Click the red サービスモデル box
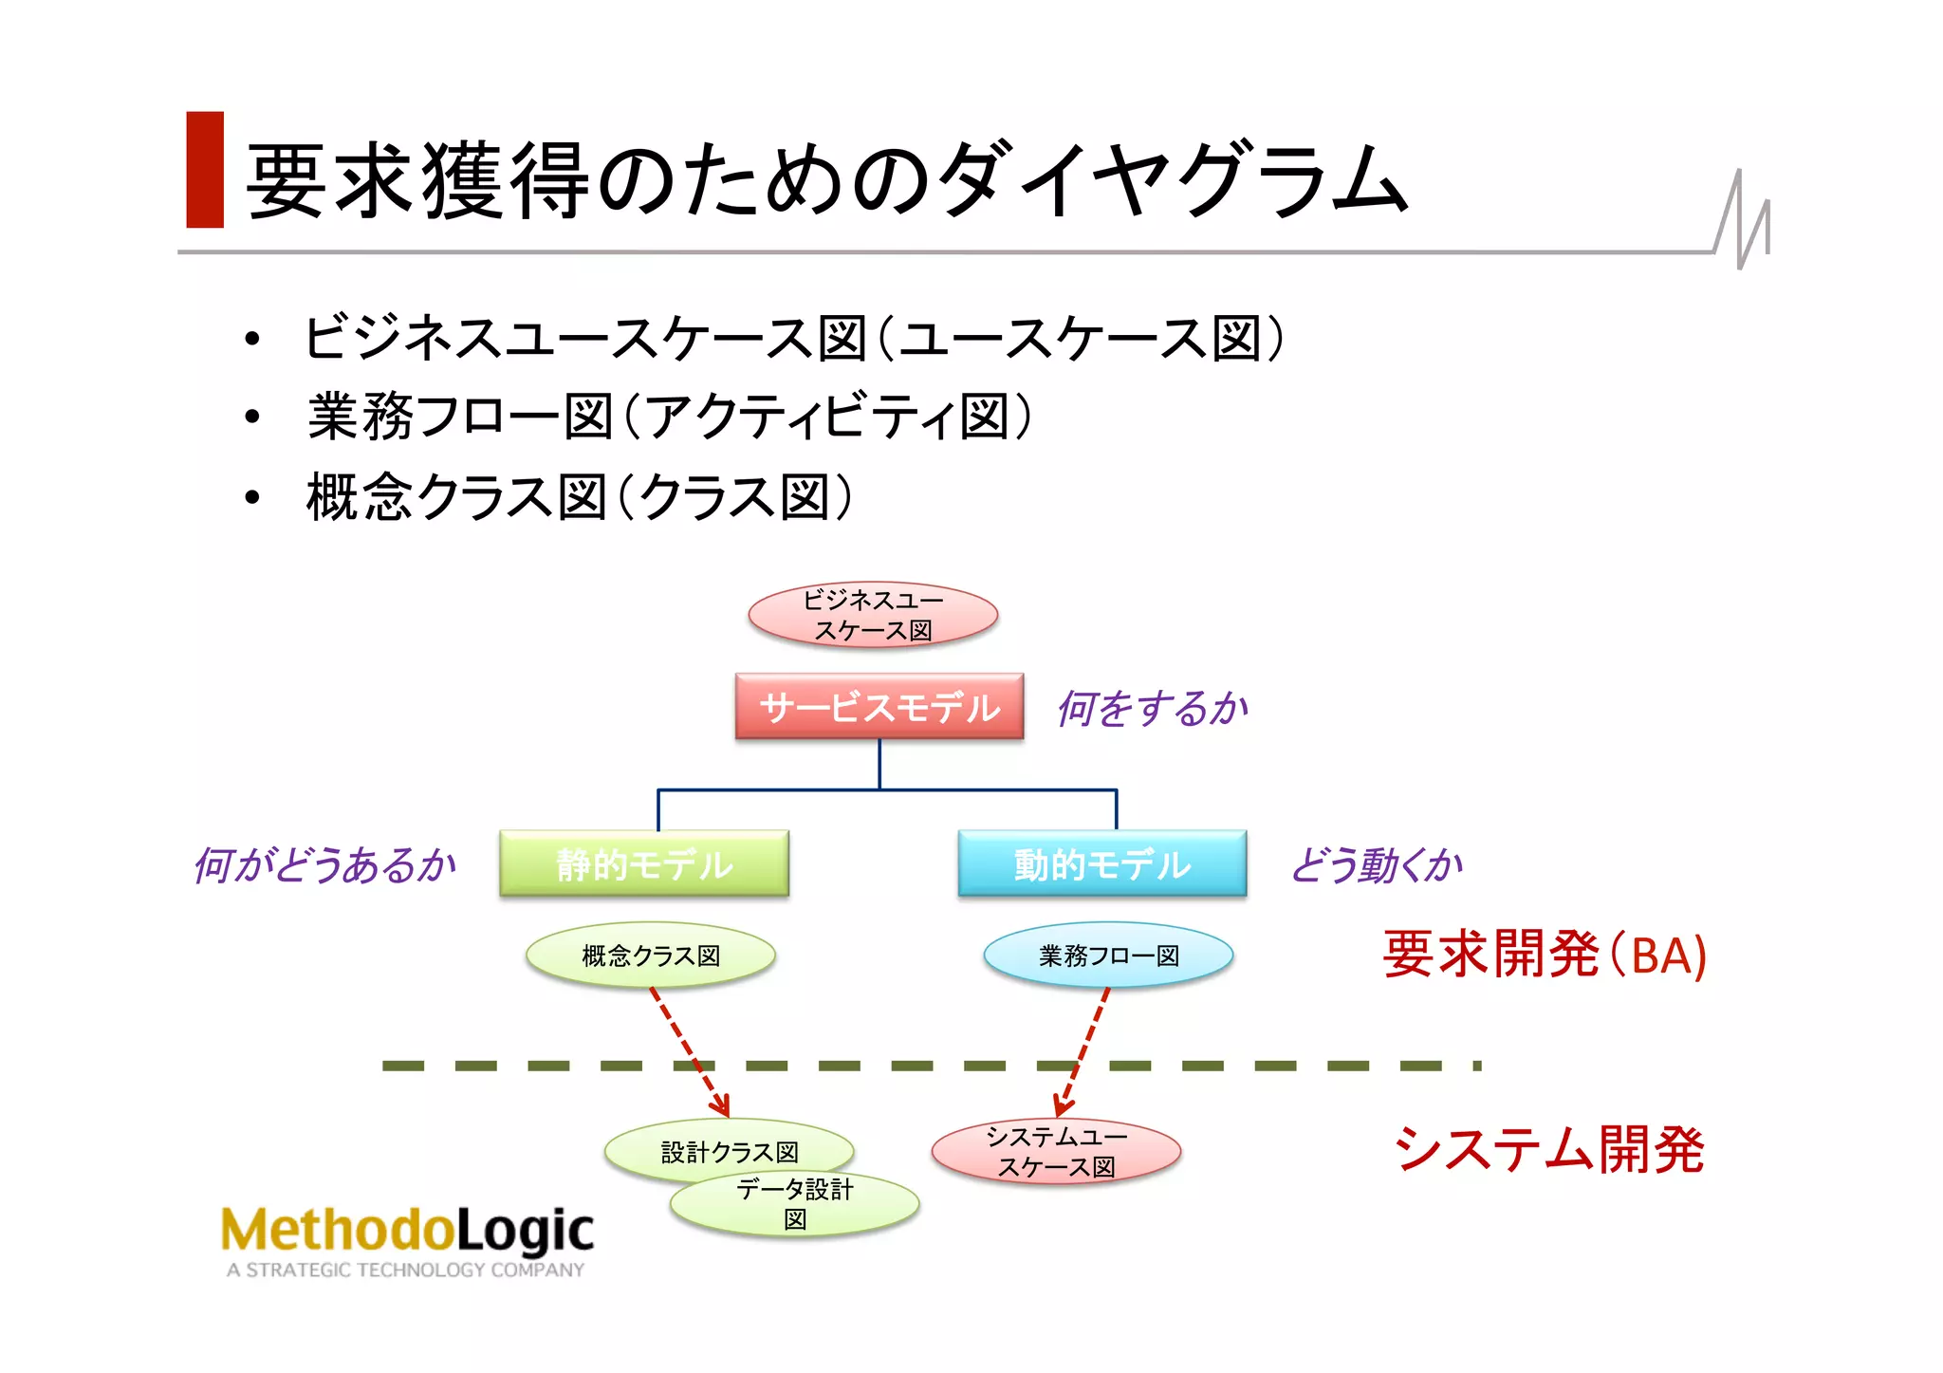click(x=879, y=707)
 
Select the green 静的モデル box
click(x=644, y=863)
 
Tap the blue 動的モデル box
click(x=1101, y=863)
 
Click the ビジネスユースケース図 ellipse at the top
click(x=873, y=615)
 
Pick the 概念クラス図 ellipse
click(x=651, y=956)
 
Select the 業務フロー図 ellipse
click(x=1108, y=956)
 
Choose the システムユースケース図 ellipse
click(x=1056, y=1152)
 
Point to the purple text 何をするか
click(x=1153, y=708)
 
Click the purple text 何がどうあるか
click(x=324, y=864)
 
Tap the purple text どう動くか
click(x=1376, y=864)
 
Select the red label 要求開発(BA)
click(x=1544, y=955)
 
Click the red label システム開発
click(x=1548, y=1149)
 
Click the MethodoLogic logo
click(x=407, y=1231)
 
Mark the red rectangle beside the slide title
click(x=205, y=170)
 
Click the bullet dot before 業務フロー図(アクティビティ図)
click(x=251, y=417)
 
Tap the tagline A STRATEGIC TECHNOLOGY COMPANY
click(x=405, y=1270)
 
